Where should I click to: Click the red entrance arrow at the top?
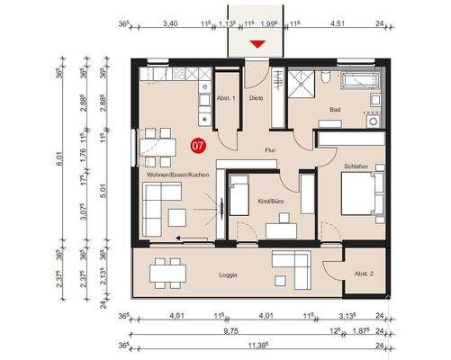click(x=258, y=43)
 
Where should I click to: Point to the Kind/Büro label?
click(x=271, y=202)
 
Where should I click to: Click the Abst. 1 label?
click(x=226, y=97)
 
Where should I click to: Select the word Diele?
click(x=257, y=97)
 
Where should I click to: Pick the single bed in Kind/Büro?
click(x=240, y=196)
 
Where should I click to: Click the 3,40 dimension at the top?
click(x=168, y=24)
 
